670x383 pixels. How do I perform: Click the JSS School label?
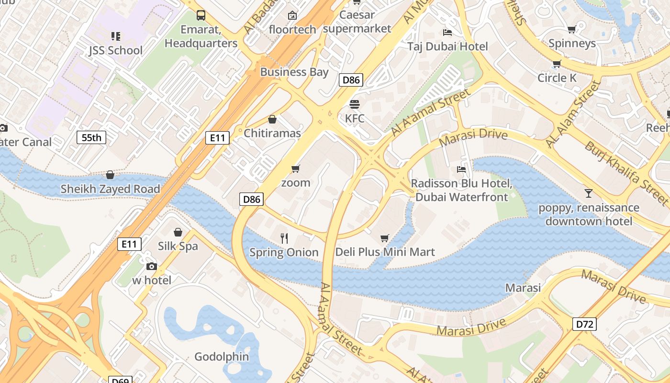(115, 50)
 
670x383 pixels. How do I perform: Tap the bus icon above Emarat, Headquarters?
(201, 15)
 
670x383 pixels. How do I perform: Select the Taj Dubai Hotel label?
(447, 46)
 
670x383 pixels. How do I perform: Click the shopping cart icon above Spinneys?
(571, 30)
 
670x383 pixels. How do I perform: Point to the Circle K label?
(557, 78)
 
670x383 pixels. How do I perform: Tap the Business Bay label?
(294, 72)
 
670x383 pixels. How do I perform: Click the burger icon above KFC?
(355, 104)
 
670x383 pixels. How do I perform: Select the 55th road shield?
(91, 138)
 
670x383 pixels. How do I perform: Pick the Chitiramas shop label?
(272, 133)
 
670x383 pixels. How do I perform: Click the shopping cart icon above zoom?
(296, 169)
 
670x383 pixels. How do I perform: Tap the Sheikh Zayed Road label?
(110, 189)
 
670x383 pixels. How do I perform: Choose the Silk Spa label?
(178, 246)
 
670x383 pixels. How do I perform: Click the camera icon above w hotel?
(152, 266)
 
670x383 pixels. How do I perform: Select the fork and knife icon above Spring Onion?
(284, 238)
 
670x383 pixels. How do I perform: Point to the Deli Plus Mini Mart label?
(385, 252)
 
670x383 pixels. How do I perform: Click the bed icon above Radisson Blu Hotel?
(461, 169)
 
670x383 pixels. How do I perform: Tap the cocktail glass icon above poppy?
(589, 193)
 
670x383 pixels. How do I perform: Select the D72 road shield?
(584, 324)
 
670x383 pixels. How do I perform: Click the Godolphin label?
(222, 357)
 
